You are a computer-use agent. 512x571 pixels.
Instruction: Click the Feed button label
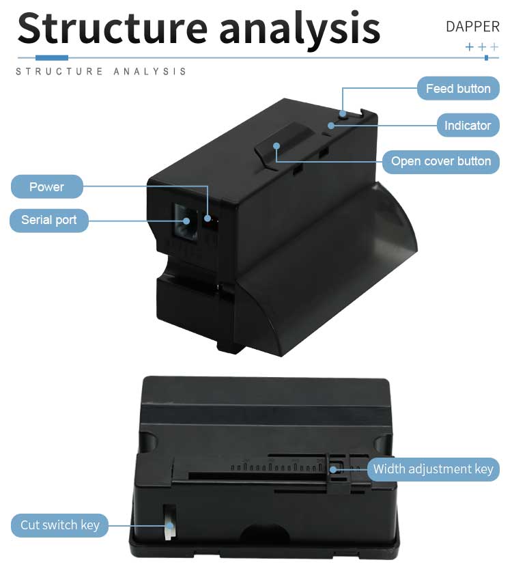pos(457,89)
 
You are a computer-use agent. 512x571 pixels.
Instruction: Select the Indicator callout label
pos(467,126)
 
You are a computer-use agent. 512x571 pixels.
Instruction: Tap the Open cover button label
pos(440,162)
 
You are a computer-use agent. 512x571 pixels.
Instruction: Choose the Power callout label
pos(46,187)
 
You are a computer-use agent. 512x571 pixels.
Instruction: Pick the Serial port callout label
pos(48,220)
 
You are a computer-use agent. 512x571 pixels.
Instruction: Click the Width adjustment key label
pos(432,469)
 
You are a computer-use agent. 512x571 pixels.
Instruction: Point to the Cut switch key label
pos(59,525)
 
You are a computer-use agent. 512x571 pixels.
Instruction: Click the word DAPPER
pos(472,27)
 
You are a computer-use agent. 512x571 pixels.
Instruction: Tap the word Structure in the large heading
pos(112,29)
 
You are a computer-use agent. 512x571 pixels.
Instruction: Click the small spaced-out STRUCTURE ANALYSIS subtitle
pos(101,71)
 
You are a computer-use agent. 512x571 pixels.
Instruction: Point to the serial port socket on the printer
pos(185,218)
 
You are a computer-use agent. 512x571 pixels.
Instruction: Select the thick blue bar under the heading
pos(51,57)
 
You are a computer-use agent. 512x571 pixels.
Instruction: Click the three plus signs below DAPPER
pos(481,47)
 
